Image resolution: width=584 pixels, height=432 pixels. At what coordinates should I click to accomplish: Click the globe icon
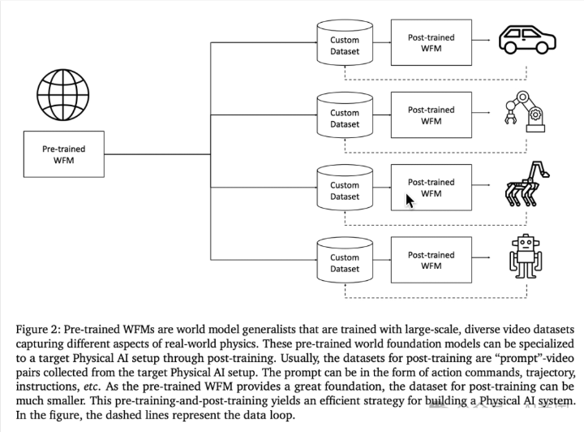pyautogui.click(x=63, y=95)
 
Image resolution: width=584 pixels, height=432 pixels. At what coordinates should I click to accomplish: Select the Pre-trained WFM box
pyautogui.click(x=64, y=154)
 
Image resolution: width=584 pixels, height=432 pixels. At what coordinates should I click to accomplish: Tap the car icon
pyautogui.click(x=527, y=39)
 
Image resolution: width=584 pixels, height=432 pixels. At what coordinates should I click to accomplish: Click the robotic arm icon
pyautogui.click(x=525, y=111)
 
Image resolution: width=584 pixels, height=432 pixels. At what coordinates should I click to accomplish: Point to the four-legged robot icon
pyautogui.click(x=526, y=184)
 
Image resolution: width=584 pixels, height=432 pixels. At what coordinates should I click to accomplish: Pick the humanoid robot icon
pyautogui.click(x=526, y=257)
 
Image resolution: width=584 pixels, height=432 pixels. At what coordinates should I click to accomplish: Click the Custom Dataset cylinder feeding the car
pyautogui.click(x=345, y=43)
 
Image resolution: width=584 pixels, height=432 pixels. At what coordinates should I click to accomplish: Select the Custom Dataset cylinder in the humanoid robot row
pyautogui.click(x=345, y=261)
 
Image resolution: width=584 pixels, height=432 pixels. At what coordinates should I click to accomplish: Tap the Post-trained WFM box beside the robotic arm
pyautogui.click(x=431, y=115)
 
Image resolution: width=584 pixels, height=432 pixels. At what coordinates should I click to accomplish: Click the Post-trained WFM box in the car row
pyautogui.click(x=431, y=42)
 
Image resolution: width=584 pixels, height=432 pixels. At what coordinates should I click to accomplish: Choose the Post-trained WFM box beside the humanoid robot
pyautogui.click(x=431, y=260)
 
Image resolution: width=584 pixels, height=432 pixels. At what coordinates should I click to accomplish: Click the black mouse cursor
pyautogui.click(x=410, y=201)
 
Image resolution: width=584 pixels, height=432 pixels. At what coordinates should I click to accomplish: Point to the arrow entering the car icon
pyautogui.click(x=481, y=40)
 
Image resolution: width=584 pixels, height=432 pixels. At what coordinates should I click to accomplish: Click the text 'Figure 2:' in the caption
pyautogui.click(x=37, y=330)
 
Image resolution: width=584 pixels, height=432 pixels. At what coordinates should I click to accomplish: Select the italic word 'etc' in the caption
pyautogui.click(x=90, y=387)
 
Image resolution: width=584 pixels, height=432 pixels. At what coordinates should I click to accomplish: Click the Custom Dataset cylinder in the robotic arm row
pyautogui.click(x=345, y=115)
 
